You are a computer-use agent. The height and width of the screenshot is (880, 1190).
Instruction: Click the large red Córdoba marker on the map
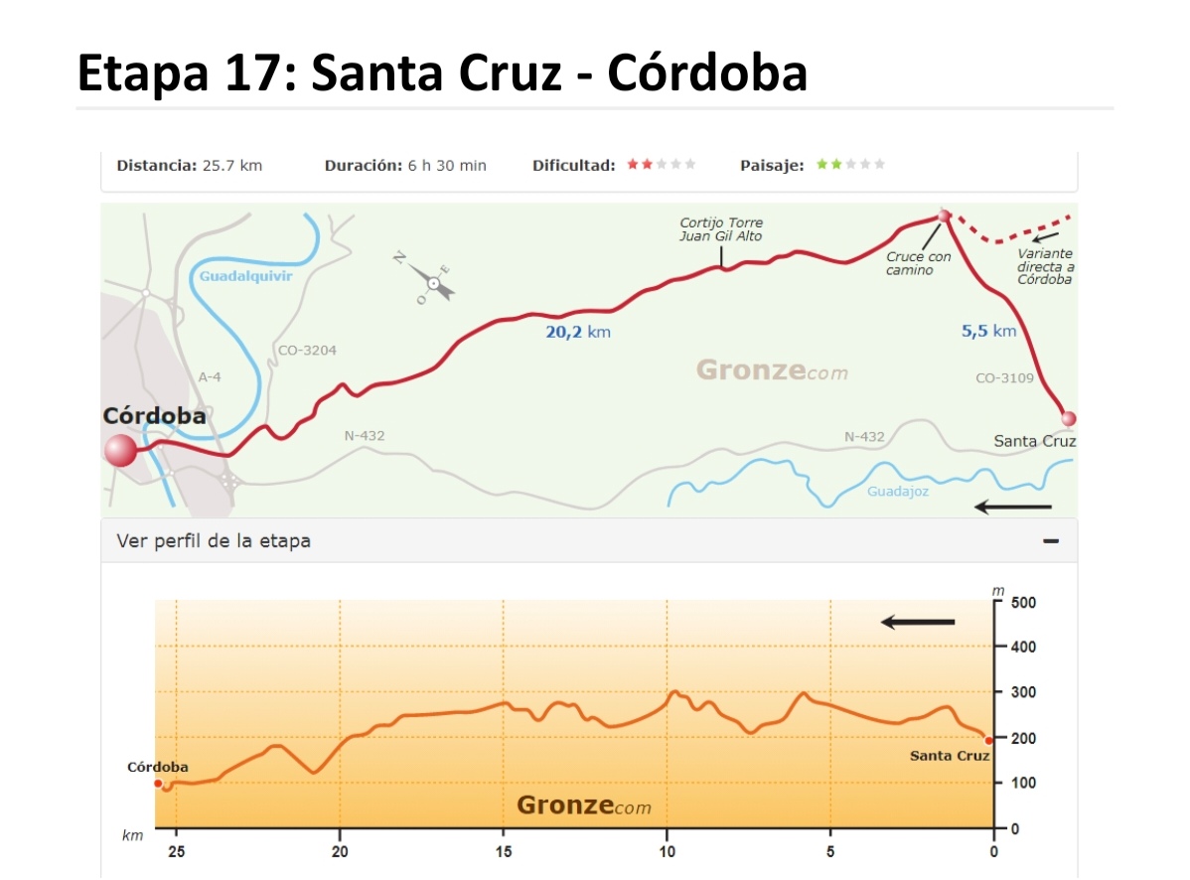click(x=120, y=450)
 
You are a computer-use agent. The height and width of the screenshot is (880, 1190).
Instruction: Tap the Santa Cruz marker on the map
click(x=1068, y=418)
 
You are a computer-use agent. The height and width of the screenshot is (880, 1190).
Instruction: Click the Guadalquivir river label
click(x=245, y=276)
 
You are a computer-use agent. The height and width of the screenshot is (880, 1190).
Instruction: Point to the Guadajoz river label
click(x=897, y=491)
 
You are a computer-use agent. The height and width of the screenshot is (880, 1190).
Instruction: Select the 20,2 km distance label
click(x=578, y=332)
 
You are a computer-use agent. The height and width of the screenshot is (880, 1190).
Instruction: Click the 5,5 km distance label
click(x=988, y=331)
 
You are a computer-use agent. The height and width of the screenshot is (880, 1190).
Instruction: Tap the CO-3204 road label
click(x=307, y=351)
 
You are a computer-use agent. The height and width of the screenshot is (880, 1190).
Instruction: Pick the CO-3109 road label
click(x=1004, y=378)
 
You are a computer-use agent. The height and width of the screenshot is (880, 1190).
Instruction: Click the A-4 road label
click(x=210, y=377)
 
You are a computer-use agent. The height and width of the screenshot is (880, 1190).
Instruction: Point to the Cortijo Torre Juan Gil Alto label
click(x=721, y=229)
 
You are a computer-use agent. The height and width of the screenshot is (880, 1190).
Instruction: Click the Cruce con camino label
click(x=918, y=263)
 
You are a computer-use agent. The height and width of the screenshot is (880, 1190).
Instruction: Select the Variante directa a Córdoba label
click(x=1045, y=266)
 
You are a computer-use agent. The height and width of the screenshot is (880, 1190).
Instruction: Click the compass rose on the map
click(x=433, y=281)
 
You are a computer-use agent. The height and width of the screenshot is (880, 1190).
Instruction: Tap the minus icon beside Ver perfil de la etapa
click(x=1051, y=541)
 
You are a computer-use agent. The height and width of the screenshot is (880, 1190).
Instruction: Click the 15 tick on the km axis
click(x=504, y=851)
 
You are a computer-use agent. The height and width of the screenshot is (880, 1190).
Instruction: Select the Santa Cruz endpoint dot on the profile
click(x=989, y=740)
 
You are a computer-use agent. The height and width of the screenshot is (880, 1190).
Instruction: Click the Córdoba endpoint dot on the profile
click(x=158, y=784)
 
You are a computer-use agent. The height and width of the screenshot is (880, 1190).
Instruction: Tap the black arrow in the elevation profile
click(x=918, y=623)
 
